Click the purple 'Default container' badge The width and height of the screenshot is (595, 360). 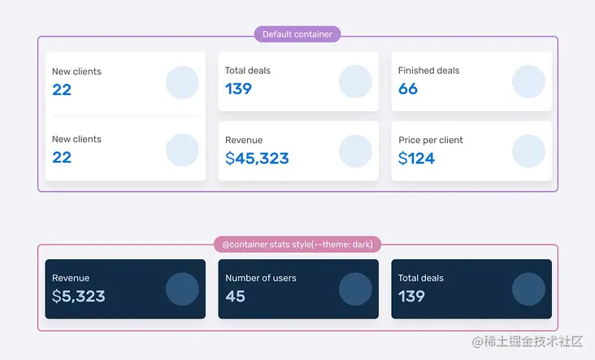[297, 34]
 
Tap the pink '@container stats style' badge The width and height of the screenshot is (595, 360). [297, 244]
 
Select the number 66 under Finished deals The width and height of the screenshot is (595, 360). [408, 89]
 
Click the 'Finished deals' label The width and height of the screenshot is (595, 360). [428, 71]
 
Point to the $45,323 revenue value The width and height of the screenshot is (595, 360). [257, 158]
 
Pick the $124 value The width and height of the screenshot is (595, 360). [416, 158]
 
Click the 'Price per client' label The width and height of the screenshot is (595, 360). [430, 140]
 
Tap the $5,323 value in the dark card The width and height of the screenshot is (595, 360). [79, 297]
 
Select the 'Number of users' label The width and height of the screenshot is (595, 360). [261, 278]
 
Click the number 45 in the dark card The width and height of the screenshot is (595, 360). [236, 297]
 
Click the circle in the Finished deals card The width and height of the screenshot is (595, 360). [528, 81]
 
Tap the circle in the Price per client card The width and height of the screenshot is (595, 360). [528, 151]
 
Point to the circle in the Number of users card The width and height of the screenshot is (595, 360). [355, 289]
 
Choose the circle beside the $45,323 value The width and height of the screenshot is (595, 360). [355, 151]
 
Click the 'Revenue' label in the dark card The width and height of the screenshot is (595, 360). [71, 278]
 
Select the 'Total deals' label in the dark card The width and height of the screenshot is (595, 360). [421, 278]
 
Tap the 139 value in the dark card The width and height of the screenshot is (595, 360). [411, 297]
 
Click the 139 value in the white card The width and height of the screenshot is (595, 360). [238, 89]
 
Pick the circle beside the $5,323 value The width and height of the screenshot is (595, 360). [182, 289]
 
